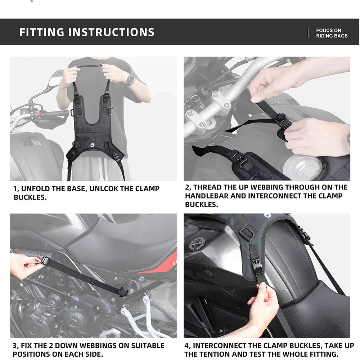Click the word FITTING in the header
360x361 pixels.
(42, 32)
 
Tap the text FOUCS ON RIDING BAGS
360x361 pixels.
(332, 33)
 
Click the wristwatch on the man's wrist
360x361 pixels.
(130, 80)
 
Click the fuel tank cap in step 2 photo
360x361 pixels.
(301, 167)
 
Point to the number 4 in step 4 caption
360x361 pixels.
(186, 346)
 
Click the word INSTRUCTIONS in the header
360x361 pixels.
(112, 32)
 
